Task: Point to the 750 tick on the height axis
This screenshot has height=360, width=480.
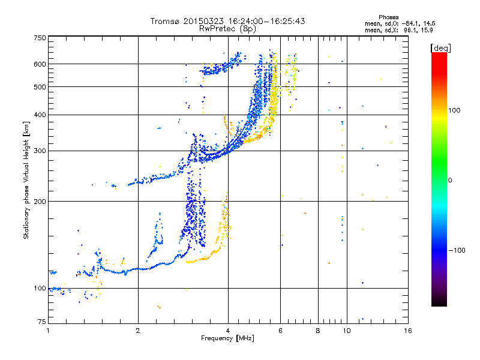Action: click(40, 38)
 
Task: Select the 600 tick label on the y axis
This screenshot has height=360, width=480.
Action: click(40, 64)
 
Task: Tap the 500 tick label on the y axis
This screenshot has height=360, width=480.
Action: click(40, 87)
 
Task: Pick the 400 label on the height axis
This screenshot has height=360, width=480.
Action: click(40, 115)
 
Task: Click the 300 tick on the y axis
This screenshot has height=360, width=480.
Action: click(40, 151)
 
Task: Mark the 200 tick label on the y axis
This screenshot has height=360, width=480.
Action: click(40, 202)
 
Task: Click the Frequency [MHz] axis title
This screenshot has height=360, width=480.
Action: click(227, 338)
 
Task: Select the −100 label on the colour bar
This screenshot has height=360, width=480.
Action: click(458, 250)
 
